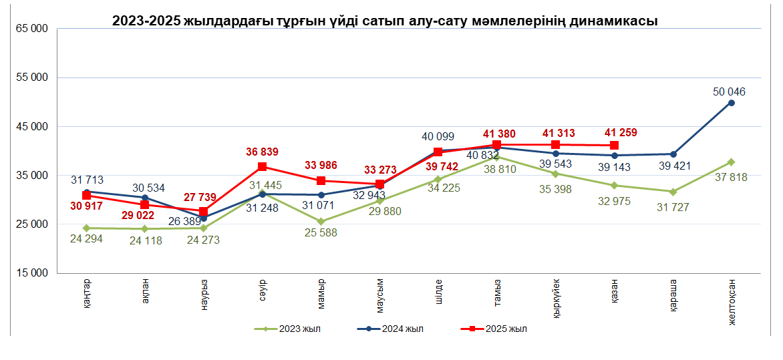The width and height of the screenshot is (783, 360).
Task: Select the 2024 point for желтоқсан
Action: (x=732, y=103)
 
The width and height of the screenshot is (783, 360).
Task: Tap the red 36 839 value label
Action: (x=262, y=152)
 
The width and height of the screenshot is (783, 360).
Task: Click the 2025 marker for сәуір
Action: (x=263, y=166)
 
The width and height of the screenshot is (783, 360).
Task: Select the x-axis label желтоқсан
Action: (x=732, y=301)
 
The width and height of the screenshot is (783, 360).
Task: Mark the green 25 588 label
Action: (x=321, y=233)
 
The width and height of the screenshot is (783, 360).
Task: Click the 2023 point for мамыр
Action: (x=321, y=222)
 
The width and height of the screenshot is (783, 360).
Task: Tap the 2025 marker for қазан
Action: (x=614, y=146)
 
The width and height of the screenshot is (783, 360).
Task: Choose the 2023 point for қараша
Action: (x=673, y=192)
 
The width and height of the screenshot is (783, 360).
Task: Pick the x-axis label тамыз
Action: (x=497, y=291)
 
